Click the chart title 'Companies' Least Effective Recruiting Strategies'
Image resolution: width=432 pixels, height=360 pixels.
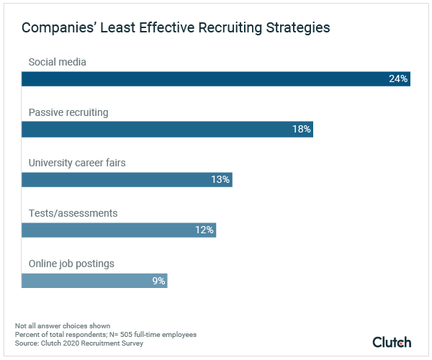(176, 28)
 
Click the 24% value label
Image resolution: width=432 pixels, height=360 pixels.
(398, 78)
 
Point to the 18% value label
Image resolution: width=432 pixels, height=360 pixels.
(301, 129)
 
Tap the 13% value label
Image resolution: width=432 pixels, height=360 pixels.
(220, 179)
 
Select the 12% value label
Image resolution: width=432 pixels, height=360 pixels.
(204, 230)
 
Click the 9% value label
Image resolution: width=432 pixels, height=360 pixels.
(158, 280)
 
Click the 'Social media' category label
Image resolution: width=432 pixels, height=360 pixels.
(57, 62)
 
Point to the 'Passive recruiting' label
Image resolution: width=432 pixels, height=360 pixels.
(68, 112)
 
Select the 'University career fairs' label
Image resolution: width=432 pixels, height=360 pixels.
(76, 163)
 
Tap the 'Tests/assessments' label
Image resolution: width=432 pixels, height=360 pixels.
(73, 213)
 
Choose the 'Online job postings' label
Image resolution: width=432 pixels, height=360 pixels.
(71, 264)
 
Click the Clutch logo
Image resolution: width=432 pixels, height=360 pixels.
(392, 342)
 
